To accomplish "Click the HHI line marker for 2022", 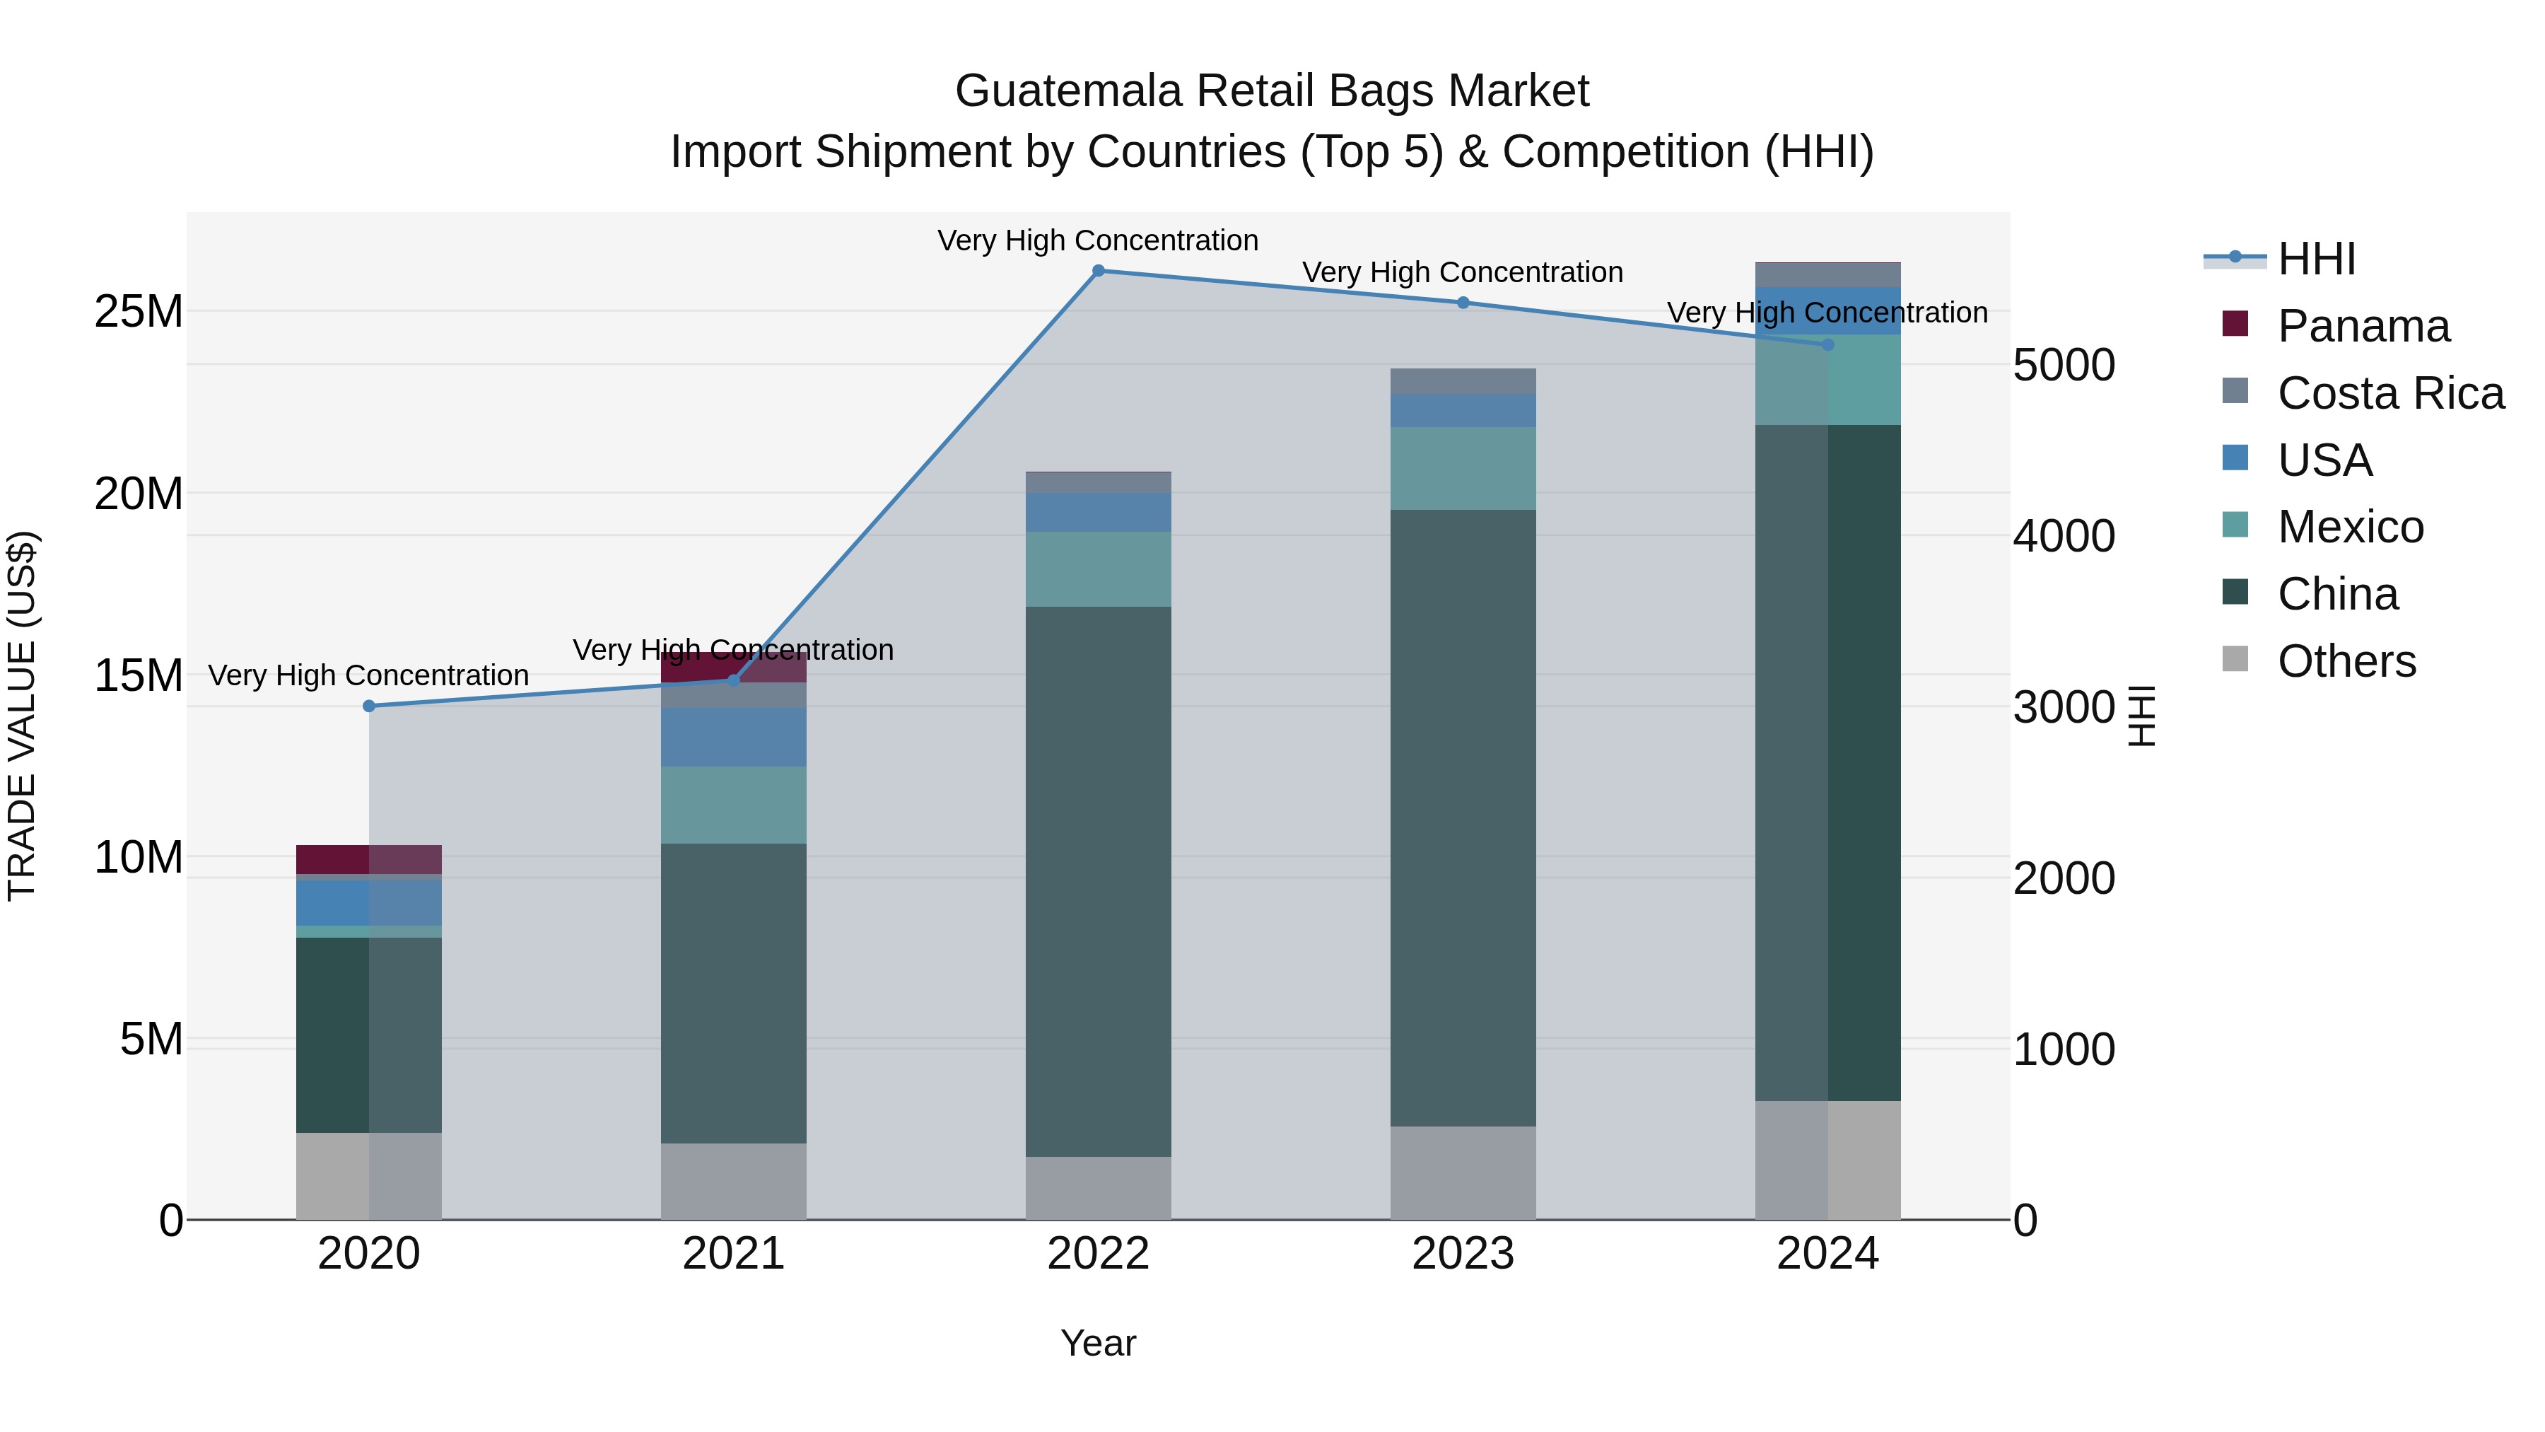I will (1098, 271).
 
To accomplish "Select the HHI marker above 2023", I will (1463, 303).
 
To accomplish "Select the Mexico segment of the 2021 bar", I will (733, 805).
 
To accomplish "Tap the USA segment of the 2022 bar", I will (1098, 512).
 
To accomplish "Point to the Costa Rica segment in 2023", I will (1463, 381).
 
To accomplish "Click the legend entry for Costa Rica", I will (2390, 393).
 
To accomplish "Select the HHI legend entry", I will (2316, 259).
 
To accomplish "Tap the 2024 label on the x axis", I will (1827, 1253).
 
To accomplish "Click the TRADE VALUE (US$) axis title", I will (22, 716).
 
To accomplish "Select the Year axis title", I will (1098, 1343).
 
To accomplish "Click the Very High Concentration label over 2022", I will (1098, 240).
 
